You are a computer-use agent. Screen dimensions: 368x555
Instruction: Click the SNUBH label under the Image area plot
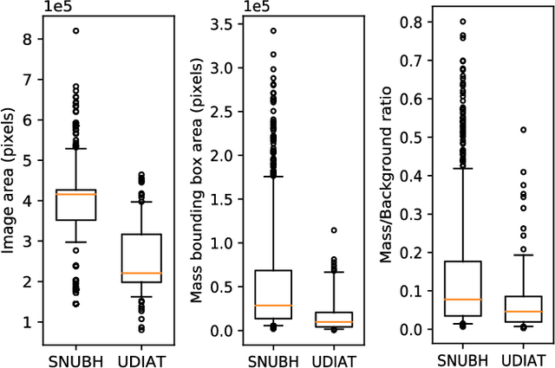75,357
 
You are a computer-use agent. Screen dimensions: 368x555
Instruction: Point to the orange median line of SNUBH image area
75,194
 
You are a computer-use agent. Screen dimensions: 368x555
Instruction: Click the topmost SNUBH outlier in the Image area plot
75,30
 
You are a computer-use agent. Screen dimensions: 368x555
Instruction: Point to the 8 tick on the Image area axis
29,39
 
